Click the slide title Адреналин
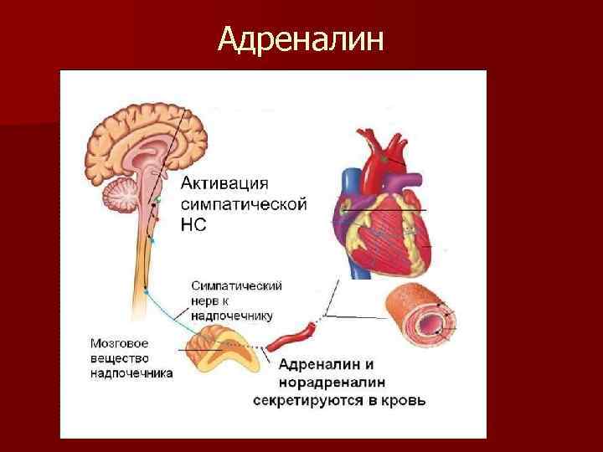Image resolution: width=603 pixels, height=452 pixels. [x=301, y=38]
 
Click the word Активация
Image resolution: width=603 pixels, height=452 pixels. [x=226, y=182]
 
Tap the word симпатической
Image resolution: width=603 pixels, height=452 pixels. [x=244, y=203]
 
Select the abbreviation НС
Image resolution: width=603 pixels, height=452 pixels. [x=193, y=224]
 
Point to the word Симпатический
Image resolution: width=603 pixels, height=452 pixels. [x=236, y=285]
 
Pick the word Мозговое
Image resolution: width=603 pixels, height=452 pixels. [x=120, y=342]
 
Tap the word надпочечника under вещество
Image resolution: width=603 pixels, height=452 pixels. [x=131, y=373]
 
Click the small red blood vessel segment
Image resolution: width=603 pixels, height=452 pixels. [x=289, y=339]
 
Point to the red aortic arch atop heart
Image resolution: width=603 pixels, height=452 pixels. [x=381, y=151]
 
